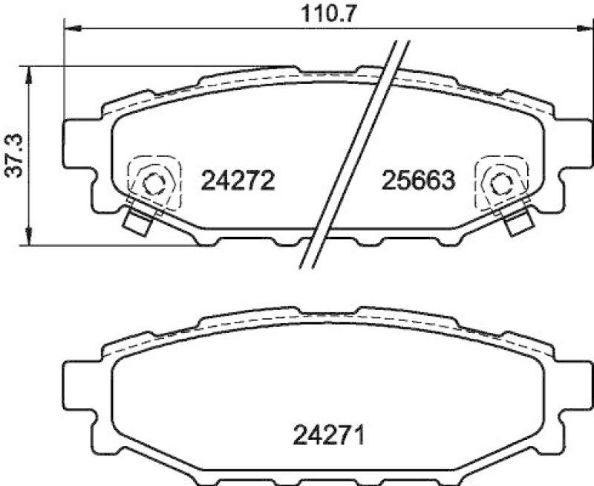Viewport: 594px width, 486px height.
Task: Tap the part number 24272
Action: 239,180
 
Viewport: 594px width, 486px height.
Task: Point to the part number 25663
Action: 417,180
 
